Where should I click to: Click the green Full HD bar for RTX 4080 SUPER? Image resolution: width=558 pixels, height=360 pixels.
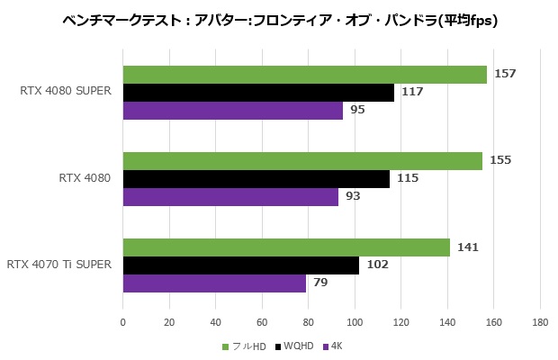(304, 75)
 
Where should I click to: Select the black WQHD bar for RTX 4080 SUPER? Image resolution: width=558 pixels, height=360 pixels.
(258, 93)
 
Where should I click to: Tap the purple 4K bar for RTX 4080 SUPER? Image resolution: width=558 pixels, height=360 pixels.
(232, 111)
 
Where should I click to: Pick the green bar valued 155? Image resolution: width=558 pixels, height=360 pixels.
(302, 161)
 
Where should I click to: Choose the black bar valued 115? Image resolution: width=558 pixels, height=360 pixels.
(256, 179)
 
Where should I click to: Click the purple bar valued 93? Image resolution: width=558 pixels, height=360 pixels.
(230, 197)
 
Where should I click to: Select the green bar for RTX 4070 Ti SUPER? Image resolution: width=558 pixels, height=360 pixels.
(286, 247)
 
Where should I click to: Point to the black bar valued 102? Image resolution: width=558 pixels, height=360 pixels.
(241, 265)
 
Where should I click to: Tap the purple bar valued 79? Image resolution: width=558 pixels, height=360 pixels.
(214, 283)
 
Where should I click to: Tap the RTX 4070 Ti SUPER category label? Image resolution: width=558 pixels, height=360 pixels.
(58, 265)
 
